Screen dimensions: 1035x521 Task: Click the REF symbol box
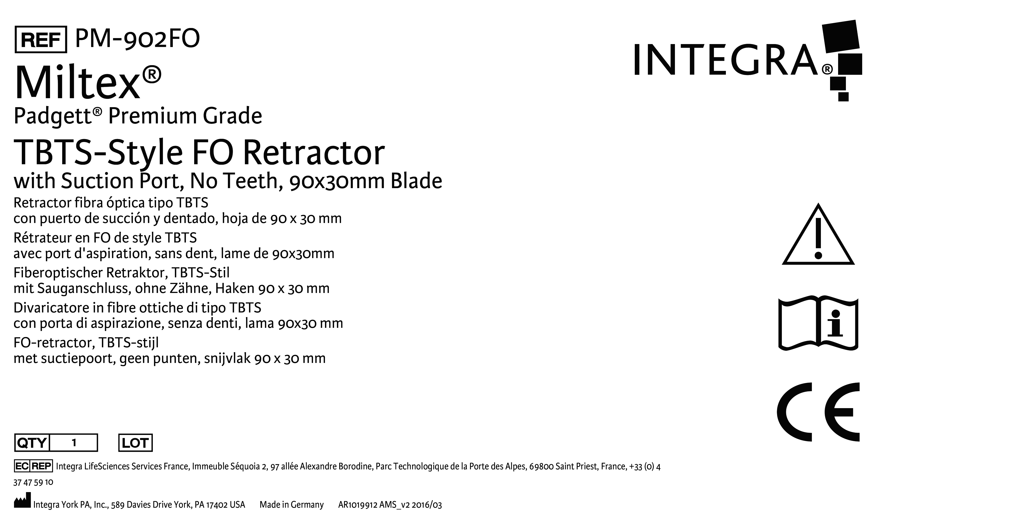point(41,39)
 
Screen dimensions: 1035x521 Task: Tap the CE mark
point(818,412)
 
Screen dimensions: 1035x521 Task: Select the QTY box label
point(32,443)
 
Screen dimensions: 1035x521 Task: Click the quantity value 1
point(74,443)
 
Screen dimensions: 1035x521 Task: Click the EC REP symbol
point(33,466)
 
